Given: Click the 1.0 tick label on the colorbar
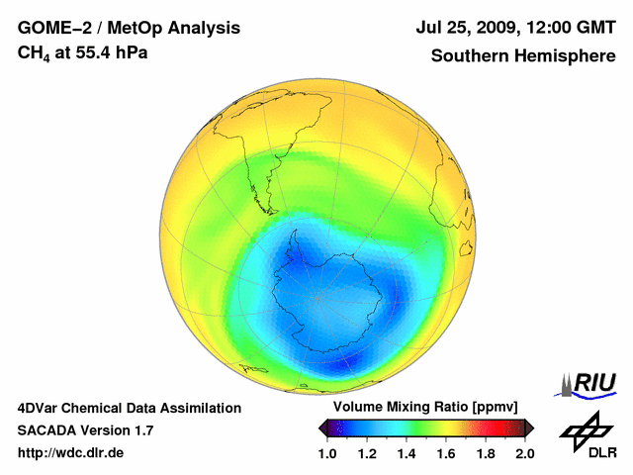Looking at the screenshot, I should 326,453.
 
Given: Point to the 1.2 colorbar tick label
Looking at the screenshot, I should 366,453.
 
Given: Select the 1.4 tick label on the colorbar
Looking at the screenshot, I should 406,453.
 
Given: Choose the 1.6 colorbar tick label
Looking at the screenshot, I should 445,453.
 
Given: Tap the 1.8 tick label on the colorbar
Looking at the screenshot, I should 485,453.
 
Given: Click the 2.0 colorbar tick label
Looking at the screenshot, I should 524,453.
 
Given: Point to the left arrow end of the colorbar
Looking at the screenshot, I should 322,427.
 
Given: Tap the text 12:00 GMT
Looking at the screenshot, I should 572,28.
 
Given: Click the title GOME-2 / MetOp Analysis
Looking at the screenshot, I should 129,28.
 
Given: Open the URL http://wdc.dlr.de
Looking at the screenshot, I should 71,453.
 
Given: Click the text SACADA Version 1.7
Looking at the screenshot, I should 85,430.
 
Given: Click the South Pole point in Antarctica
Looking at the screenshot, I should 317,298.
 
